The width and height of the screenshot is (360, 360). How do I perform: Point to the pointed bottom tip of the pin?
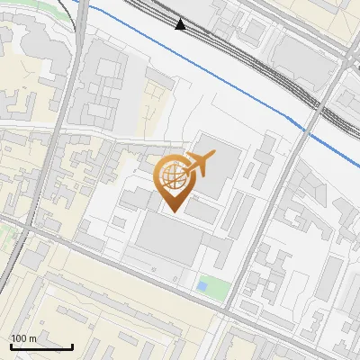pos(173,212)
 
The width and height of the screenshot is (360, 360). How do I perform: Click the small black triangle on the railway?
pos(181,24)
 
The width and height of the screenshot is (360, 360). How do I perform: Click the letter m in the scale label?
pos(32,338)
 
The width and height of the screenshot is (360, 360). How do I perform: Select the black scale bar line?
pos(41,346)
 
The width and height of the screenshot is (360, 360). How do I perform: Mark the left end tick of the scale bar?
pos(11,345)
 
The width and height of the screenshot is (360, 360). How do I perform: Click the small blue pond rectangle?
pos(202,287)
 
